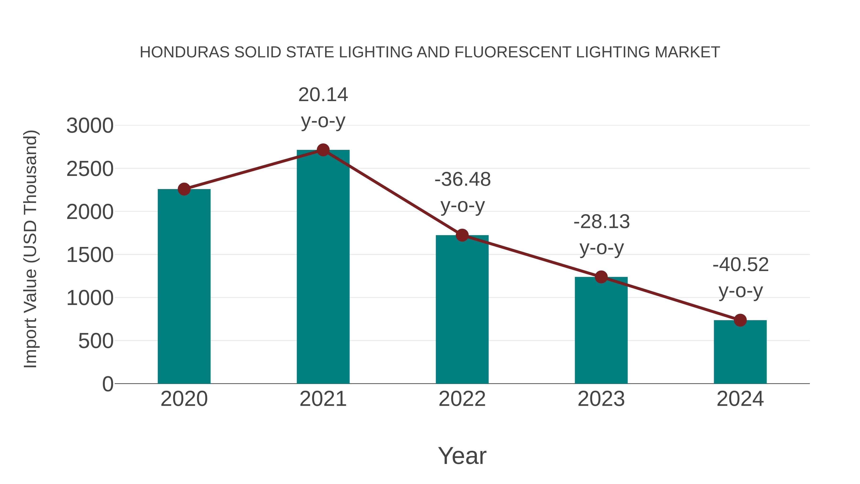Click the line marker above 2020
tap(184, 189)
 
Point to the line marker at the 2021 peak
tap(323, 150)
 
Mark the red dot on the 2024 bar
tap(740, 320)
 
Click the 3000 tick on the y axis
tap(90, 126)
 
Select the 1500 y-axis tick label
tap(90, 255)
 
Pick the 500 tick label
tap(96, 341)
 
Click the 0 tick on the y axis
tap(108, 384)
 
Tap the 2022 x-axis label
tap(462, 399)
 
